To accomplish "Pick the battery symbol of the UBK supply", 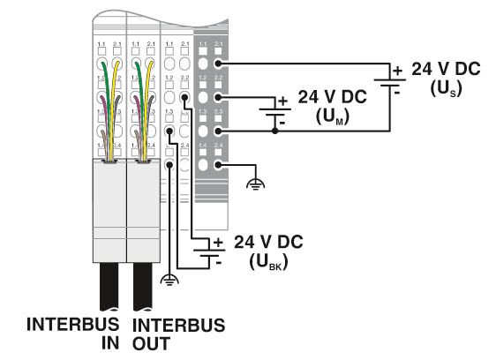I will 212,251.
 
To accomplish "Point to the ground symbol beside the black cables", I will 169,281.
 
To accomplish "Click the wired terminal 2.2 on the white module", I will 184,97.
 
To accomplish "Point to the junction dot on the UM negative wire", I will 276,131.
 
